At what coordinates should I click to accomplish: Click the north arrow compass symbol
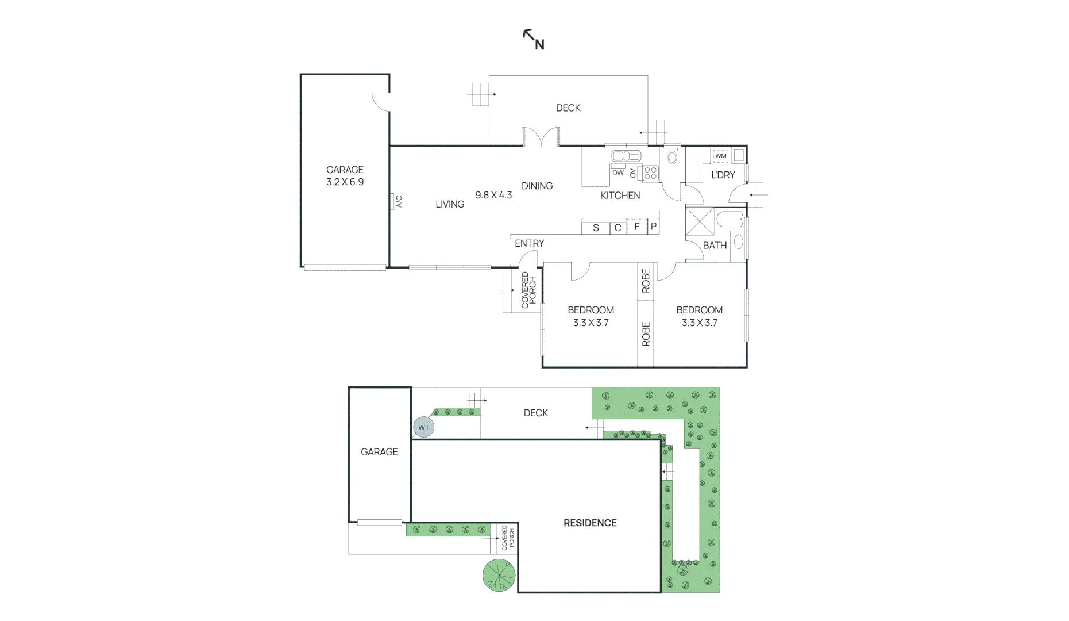point(533,40)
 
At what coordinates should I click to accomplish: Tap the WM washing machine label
point(721,156)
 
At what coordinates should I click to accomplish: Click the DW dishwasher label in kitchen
point(618,172)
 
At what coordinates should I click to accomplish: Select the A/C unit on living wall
point(398,201)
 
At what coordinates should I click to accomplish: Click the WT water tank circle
point(423,427)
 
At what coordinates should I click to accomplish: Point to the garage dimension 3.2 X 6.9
point(345,182)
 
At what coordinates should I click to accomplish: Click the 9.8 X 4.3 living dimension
point(493,195)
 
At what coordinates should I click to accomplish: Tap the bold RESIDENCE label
point(590,523)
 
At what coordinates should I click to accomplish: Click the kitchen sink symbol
point(626,156)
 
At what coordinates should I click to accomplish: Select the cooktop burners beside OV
point(650,173)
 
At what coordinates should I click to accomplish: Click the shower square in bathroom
point(700,222)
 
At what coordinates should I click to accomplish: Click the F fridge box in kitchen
point(636,227)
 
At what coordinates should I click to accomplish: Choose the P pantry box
point(653,227)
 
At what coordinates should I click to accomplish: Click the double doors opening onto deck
point(541,137)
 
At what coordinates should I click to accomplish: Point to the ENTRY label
point(529,243)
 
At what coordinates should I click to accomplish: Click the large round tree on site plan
point(499,574)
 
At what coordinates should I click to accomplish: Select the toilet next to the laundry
point(672,156)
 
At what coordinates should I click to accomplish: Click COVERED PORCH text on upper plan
point(528,290)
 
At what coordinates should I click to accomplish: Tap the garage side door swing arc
point(380,102)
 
